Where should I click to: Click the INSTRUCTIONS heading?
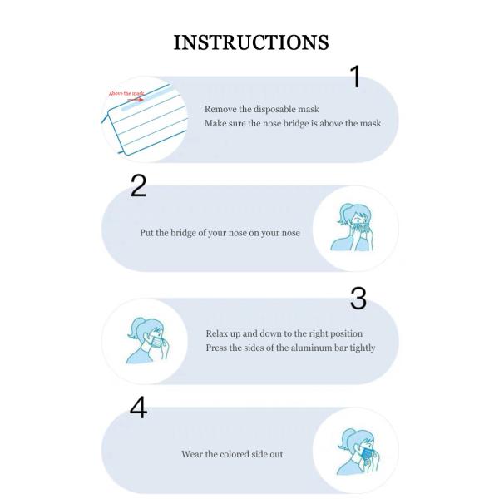coord(250,42)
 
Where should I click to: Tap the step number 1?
coord(355,77)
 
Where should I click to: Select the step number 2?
coord(139,187)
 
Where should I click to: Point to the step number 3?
coord(358,299)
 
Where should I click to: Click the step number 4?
coord(138,408)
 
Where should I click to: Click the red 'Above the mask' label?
coord(125,93)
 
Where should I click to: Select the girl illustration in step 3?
coord(147,340)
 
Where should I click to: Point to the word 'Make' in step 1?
coord(215,123)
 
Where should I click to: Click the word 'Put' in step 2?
coord(146,233)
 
